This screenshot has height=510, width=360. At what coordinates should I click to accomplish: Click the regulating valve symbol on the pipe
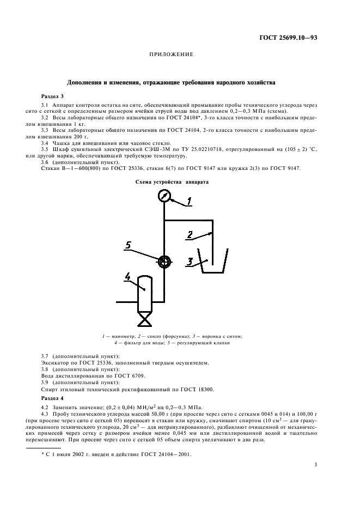[x=163, y=262]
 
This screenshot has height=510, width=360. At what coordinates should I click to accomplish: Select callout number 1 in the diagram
[x=188, y=202]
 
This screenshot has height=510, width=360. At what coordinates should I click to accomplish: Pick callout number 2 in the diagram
[x=190, y=234]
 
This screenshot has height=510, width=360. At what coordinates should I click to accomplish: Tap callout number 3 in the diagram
[x=190, y=262]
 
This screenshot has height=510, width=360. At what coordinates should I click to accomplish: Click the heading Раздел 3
[x=52, y=95]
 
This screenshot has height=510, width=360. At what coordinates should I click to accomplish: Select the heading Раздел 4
[x=52, y=398]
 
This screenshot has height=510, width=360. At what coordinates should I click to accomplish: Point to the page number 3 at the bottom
[x=315, y=465]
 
